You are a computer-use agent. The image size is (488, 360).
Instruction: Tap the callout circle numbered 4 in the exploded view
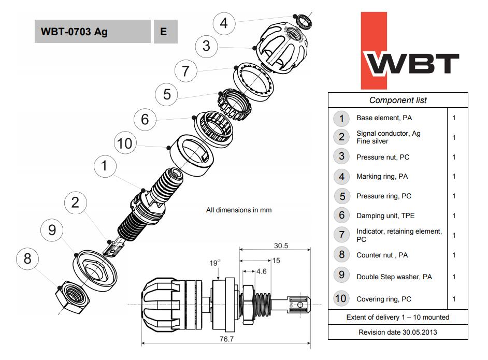(223, 23)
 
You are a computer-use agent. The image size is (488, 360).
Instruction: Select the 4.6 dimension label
(261, 270)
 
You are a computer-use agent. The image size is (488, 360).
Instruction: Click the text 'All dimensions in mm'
(238, 210)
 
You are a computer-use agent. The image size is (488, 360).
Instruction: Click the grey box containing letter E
(164, 32)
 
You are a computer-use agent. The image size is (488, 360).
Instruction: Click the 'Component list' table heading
(397, 100)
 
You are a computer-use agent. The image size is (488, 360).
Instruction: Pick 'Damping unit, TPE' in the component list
(385, 215)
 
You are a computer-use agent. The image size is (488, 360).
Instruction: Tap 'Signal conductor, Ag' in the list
(388, 134)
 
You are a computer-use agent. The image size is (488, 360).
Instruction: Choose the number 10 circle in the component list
(341, 298)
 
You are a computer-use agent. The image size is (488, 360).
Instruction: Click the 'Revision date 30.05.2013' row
(397, 332)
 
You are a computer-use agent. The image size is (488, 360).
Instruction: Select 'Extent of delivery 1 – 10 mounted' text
(397, 317)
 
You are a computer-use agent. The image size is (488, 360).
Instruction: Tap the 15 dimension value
(276, 261)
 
